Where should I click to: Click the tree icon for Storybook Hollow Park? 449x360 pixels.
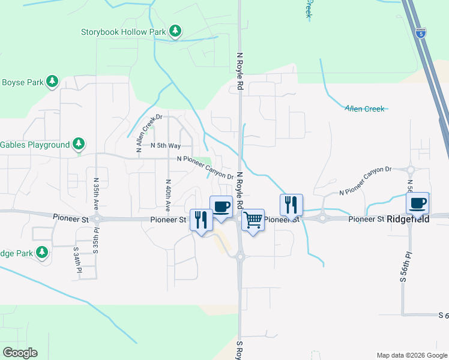(175, 31)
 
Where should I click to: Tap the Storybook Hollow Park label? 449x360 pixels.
(124, 31)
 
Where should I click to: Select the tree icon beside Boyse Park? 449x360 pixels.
(52, 81)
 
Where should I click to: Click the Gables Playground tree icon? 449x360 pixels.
(78, 144)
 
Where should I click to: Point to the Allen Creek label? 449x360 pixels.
(364, 109)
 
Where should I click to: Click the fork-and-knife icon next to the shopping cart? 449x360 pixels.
(291, 204)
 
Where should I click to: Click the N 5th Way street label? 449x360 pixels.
(166, 146)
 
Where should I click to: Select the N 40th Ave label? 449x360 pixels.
(167, 196)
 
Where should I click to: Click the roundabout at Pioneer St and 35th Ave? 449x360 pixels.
(96, 220)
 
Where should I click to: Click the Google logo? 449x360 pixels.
(20, 353)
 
